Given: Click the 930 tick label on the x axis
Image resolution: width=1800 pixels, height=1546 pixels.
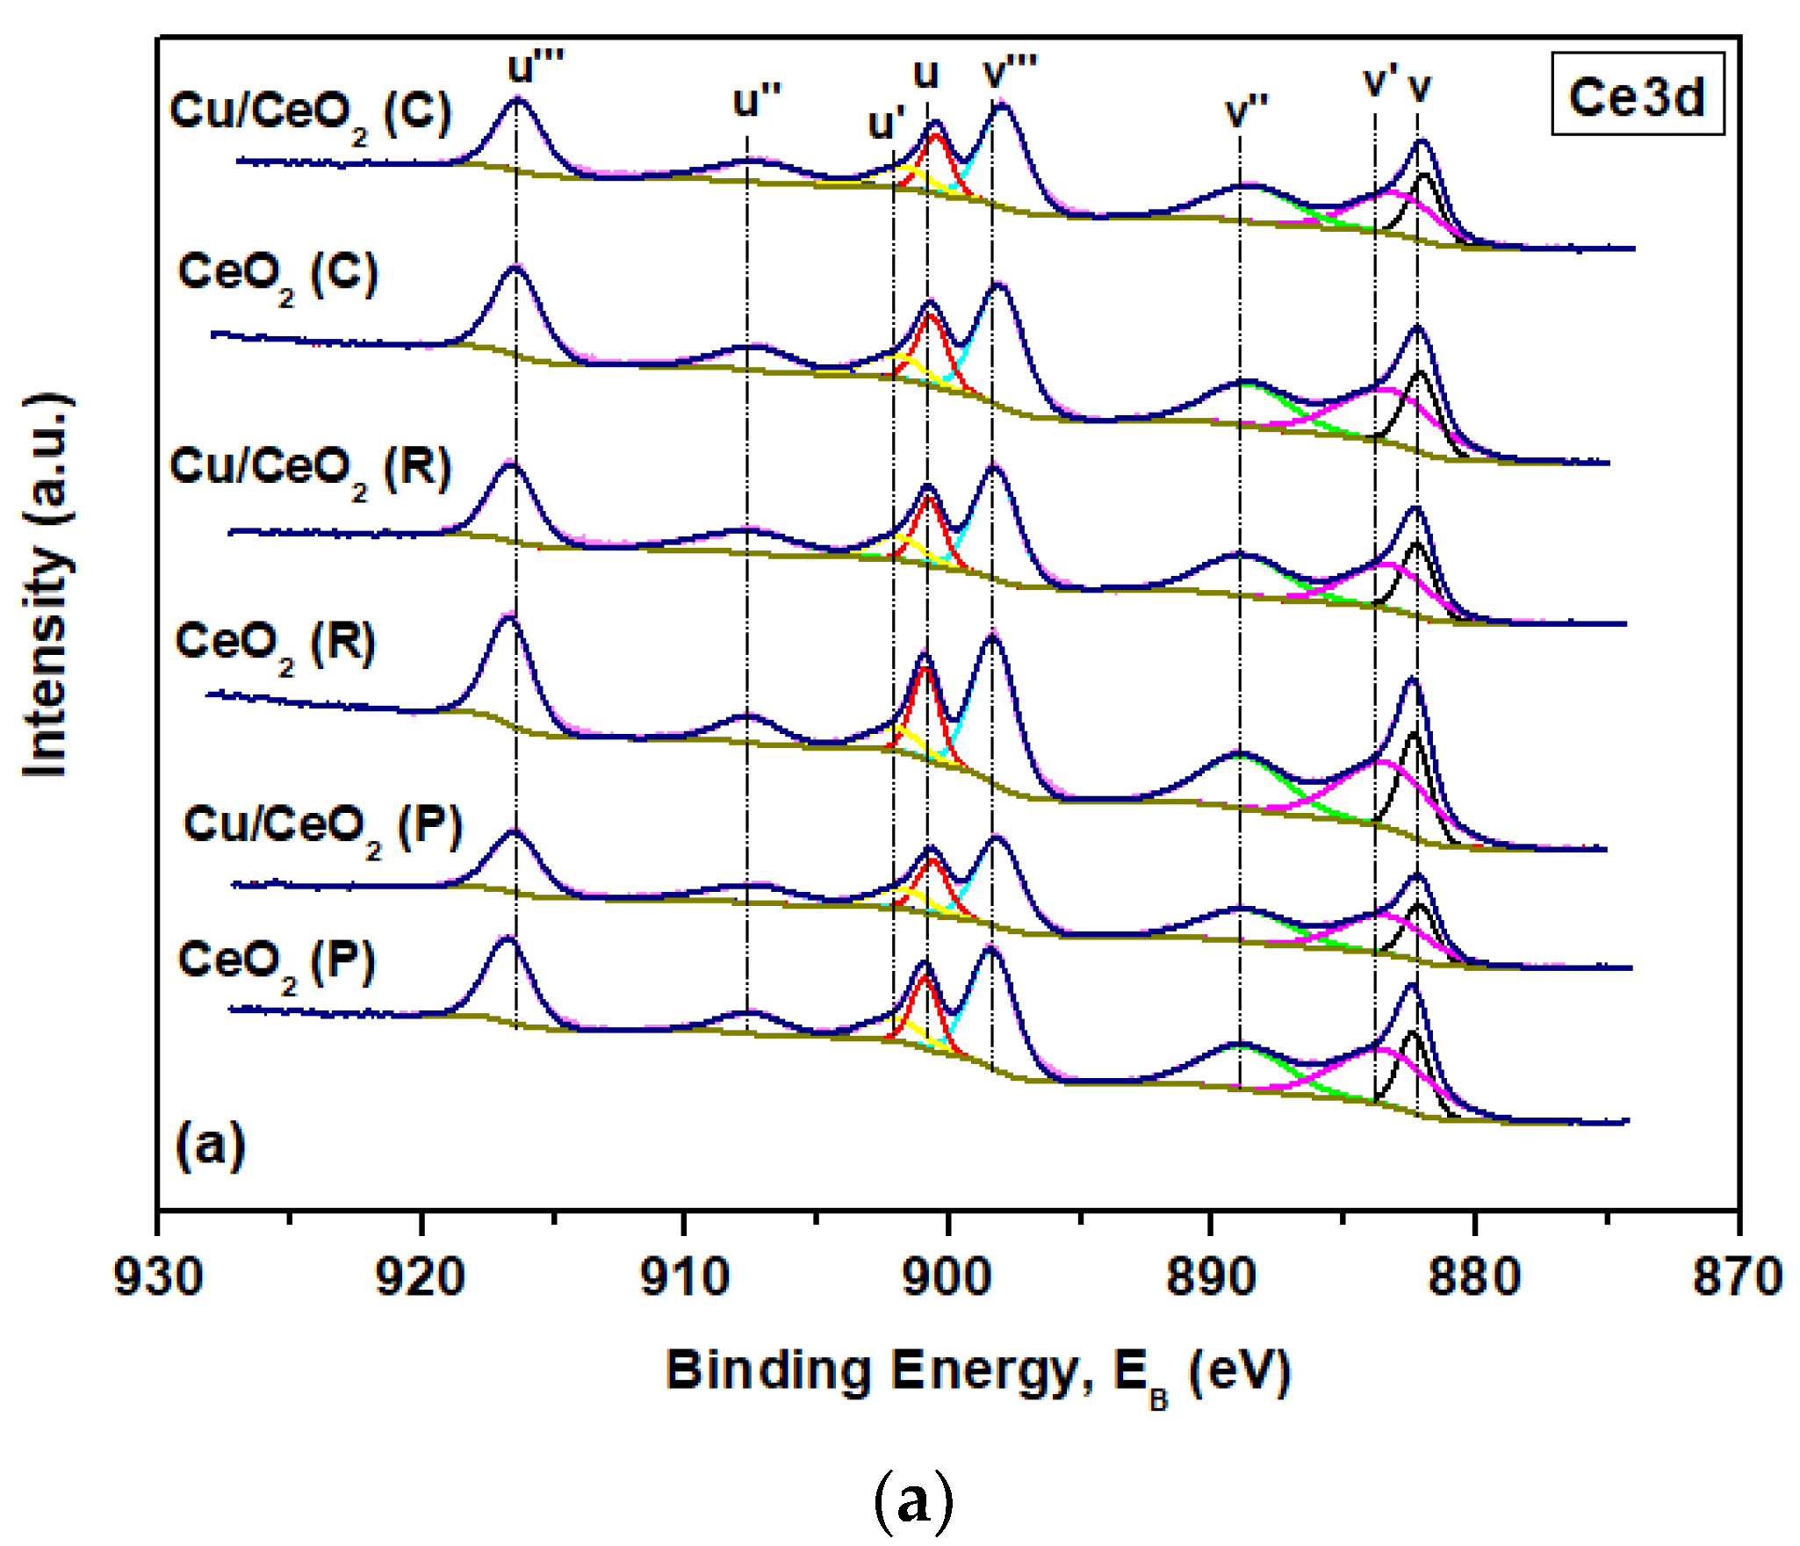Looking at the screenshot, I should pyautogui.click(x=158, y=1277).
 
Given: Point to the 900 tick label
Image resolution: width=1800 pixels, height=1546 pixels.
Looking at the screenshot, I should pyautogui.click(x=948, y=1277).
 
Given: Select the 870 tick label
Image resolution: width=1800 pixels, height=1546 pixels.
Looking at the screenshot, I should pyautogui.click(x=1738, y=1277).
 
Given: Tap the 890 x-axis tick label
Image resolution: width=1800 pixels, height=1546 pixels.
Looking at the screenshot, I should pyautogui.click(x=1211, y=1277).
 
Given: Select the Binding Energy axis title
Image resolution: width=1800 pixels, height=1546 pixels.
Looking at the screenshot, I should pyautogui.click(x=977, y=1371).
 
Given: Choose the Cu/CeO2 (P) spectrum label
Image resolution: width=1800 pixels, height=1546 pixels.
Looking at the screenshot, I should pyautogui.click(x=322, y=829).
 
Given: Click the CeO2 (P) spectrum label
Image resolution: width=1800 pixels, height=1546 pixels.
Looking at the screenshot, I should pyautogui.click(x=277, y=963).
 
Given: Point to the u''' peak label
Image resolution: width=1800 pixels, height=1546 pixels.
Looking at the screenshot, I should pyautogui.click(x=536, y=66).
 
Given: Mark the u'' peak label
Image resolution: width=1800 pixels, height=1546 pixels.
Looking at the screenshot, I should pyautogui.click(x=757, y=101).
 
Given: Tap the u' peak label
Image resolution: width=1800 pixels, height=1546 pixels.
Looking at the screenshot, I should pyautogui.click(x=887, y=124).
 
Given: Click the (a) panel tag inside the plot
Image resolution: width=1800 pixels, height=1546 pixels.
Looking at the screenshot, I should pyautogui.click(x=210, y=1146).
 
